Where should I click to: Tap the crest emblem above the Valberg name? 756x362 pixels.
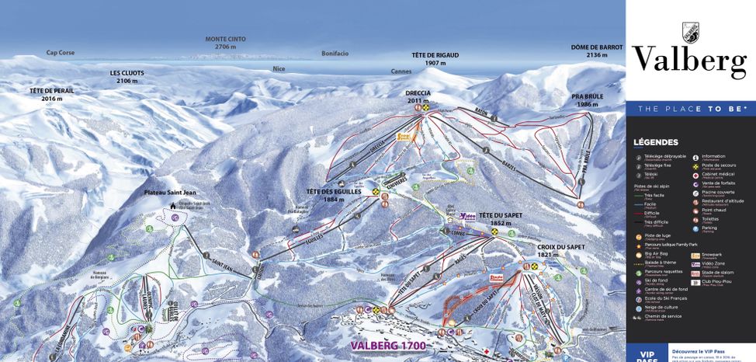pos(689,32)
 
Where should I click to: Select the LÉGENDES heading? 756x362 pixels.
pos(655,142)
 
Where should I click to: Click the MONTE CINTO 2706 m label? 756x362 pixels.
pos(225,43)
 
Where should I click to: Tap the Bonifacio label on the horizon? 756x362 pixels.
pos(335,54)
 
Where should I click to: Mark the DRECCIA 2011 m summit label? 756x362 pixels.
pos(418,96)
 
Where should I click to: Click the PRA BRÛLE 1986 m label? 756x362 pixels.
pos(587,100)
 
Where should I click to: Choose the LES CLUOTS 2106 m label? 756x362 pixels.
pos(127,76)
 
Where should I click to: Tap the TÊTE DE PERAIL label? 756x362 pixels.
pos(52,95)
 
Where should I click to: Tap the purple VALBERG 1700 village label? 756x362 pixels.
pos(388,346)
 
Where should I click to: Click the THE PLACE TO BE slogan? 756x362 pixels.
pos(692,109)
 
